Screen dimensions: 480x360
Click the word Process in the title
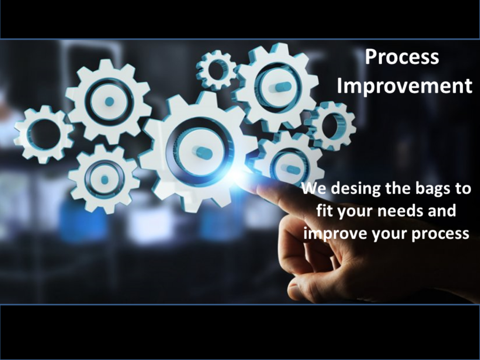click(x=402, y=57)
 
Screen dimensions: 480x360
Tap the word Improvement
click(x=405, y=86)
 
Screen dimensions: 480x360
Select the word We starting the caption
click(x=314, y=188)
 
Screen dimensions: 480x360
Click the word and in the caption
click(x=442, y=210)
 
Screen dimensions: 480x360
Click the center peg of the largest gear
click(x=202, y=152)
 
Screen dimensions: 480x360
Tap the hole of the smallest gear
click(x=217, y=70)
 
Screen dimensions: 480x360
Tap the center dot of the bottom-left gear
click(x=105, y=180)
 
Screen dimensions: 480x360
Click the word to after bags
click(x=463, y=188)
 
